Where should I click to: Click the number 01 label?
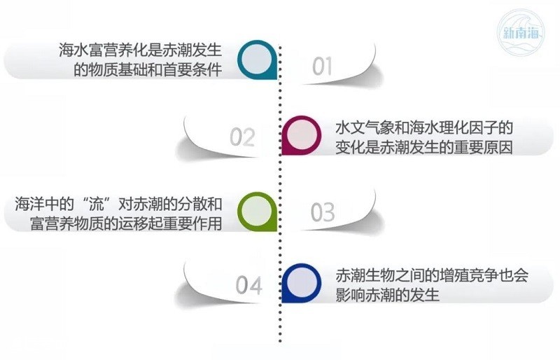pyautogui.click(x=322, y=67)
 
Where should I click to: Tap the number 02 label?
pyautogui.click(x=242, y=137)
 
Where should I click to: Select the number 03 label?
pyautogui.click(x=323, y=212)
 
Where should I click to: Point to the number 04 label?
pyautogui.click(x=249, y=285)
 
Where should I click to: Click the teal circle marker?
pyautogui.click(x=258, y=60)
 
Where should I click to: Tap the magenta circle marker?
pyautogui.click(x=302, y=135)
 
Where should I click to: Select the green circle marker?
pyautogui.click(x=258, y=212)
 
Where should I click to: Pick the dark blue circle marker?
pyautogui.click(x=302, y=283)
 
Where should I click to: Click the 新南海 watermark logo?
pyautogui.click(x=521, y=32)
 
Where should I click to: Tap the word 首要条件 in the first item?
pyautogui.click(x=192, y=70)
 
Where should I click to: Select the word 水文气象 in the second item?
pyautogui.click(x=365, y=127)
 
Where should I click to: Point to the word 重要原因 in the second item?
pyautogui.click(x=483, y=147)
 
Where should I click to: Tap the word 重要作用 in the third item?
pyautogui.click(x=192, y=223)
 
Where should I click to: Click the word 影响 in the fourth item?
pyautogui.click(x=350, y=295)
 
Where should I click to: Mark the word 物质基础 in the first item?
pyautogui.click(x=118, y=70)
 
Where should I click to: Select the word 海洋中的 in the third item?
pyautogui.click(x=44, y=204)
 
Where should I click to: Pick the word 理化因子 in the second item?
pyautogui.click(x=468, y=127)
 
